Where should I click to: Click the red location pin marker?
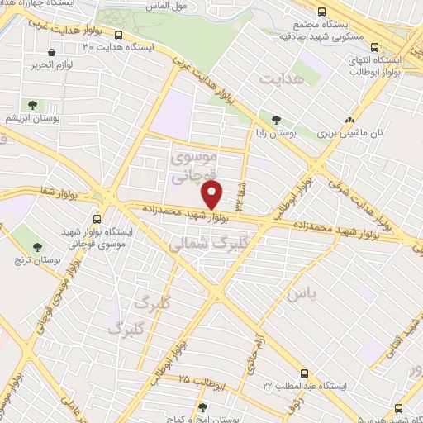tap(212, 196)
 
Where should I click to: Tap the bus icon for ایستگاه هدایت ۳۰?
tap(119, 36)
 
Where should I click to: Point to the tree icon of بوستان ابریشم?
tap(32, 105)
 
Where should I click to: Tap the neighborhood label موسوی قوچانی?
tap(192, 165)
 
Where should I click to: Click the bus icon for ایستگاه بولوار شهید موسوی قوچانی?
tap(97, 219)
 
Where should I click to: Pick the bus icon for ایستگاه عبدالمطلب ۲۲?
tap(304, 373)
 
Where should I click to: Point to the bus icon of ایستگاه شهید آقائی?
tap(399, 407)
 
